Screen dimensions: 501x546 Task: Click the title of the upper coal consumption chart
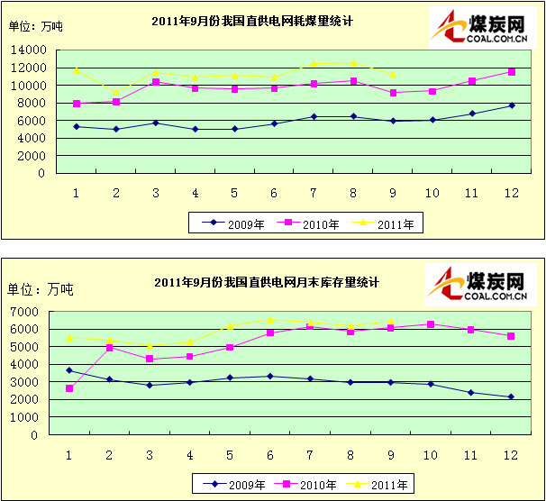pyautogui.click(x=267, y=20)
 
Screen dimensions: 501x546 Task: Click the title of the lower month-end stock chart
pyautogui.click(x=267, y=282)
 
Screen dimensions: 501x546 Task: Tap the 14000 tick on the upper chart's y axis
pyautogui.click(x=28, y=50)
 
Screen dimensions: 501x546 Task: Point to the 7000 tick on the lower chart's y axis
pyautogui.click(x=33, y=312)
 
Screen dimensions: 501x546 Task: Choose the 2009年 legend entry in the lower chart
pyautogui.click(x=234, y=484)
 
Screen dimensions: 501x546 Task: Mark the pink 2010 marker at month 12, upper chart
pyautogui.click(x=512, y=72)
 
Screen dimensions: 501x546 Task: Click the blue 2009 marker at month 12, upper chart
pyautogui.click(x=512, y=105)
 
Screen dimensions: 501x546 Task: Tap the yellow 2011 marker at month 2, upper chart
pyautogui.click(x=115, y=92)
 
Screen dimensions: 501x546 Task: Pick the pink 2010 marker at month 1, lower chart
pyautogui.click(x=70, y=388)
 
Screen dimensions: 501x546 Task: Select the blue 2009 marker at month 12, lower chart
pyautogui.click(x=512, y=397)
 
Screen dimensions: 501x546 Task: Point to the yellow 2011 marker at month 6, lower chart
pyautogui.click(x=268, y=320)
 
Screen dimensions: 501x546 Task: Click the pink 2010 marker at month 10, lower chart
pyautogui.click(x=431, y=324)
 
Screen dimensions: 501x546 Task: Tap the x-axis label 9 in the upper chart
pyautogui.click(x=392, y=192)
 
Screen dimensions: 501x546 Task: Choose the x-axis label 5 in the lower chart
pyautogui.click(x=230, y=453)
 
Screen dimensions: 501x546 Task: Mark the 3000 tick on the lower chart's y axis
pyautogui.click(x=33, y=382)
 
